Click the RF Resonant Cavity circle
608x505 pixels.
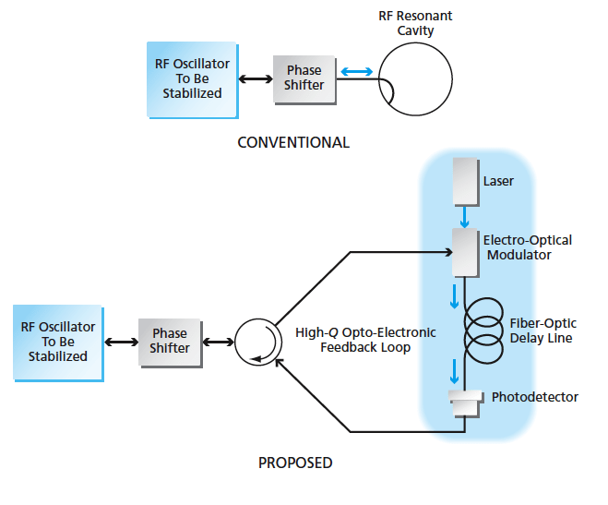pyautogui.click(x=415, y=77)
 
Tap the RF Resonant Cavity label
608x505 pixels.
pyautogui.click(x=417, y=23)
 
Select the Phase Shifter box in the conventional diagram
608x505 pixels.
pyautogui.click(x=304, y=78)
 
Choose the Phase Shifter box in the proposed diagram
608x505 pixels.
pyautogui.click(x=170, y=341)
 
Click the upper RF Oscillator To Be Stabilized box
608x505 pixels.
pyautogui.click(x=192, y=79)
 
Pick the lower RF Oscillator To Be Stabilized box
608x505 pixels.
pyautogui.click(x=58, y=342)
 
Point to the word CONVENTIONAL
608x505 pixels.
pyautogui.click(x=293, y=143)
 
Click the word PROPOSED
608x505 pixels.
pyautogui.click(x=295, y=463)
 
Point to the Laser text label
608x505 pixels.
pyautogui.click(x=498, y=181)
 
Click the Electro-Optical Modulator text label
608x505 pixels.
pyautogui.click(x=528, y=247)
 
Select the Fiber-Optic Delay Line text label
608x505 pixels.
pyautogui.click(x=543, y=331)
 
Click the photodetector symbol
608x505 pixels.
pyautogui.click(x=465, y=403)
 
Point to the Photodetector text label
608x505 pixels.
pyautogui.click(x=535, y=397)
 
